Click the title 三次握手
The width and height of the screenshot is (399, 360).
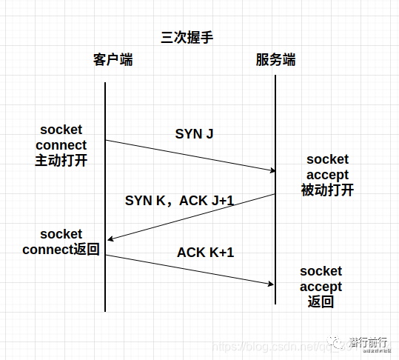coord(187,37)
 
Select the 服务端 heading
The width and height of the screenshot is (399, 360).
coord(275,60)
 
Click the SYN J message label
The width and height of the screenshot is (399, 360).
coord(195,134)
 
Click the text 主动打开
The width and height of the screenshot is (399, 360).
coord(61,160)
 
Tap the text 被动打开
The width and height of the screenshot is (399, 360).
coord(327,190)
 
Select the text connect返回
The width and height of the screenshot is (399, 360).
coord(61,250)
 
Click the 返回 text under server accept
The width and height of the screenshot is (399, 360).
coord(321,301)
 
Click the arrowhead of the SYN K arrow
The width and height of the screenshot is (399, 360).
coord(110,239)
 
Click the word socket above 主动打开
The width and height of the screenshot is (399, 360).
coord(61,130)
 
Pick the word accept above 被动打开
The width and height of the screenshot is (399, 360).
coord(327,175)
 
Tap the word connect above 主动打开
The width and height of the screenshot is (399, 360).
coord(61,145)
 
